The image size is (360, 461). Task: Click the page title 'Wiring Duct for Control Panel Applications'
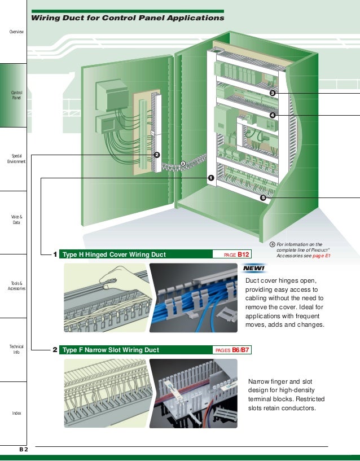click(128, 18)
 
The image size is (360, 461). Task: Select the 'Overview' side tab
click(16, 32)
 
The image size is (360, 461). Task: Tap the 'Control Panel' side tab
click(16, 95)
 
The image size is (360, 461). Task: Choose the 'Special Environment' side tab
click(16, 159)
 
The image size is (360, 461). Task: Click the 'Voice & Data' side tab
click(16, 219)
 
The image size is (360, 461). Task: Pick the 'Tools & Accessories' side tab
click(16, 286)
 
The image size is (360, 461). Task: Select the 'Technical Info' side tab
click(16, 349)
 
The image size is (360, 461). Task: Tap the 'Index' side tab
click(16, 413)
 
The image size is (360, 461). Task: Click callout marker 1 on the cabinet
click(211, 178)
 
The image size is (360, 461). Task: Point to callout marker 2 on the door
click(157, 155)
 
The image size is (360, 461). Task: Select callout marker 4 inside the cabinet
click(273, 115)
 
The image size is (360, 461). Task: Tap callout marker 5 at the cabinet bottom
click(263, 197)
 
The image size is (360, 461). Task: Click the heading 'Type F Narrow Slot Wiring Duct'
click(111, 350)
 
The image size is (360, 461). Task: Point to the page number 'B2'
click(24, 449)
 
